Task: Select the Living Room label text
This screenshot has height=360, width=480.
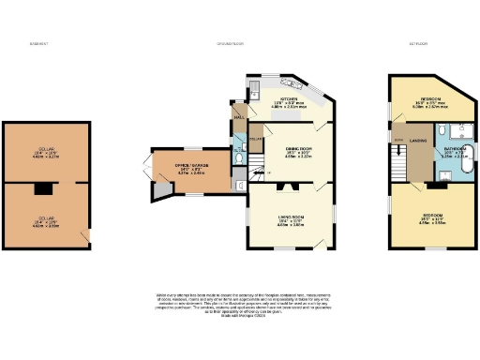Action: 291,220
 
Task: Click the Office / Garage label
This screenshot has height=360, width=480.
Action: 190,167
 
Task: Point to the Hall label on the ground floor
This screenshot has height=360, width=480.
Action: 239,116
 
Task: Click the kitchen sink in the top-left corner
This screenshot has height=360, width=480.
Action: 254,90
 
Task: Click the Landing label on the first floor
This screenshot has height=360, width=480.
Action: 417,142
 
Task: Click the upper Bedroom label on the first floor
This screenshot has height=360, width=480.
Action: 431,99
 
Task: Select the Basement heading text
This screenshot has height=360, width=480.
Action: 38,44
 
